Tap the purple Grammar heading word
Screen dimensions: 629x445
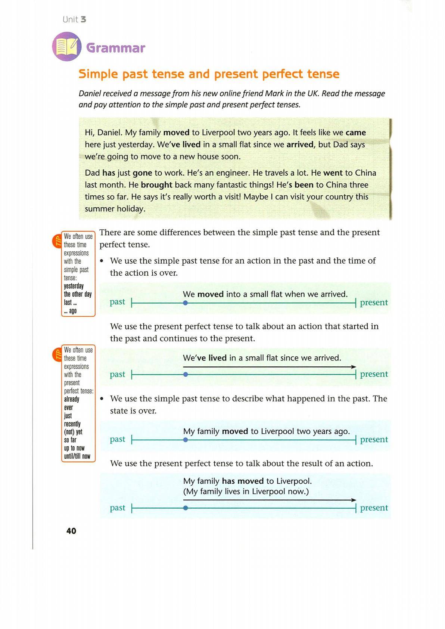click(x=115, y=48)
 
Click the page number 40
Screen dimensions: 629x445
click(x=71, y=531)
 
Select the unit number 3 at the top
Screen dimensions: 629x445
click(x=83, y=19)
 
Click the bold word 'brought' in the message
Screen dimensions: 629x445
click(x=156, y=185)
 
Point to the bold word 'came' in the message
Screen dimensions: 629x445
click(x=356, y=133)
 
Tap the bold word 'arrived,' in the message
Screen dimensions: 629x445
click(x=301, y=145)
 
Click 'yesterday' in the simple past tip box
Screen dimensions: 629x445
click(x=74, y=286)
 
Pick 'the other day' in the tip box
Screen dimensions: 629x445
click(x=78, y=294)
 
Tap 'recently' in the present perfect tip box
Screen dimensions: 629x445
click(x=72, y=424)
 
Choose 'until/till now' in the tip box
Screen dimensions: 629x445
click(x=77, y=456)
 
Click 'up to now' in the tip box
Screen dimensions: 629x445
click(x=74, y=448)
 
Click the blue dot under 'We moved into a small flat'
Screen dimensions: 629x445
click(x=186, y=303)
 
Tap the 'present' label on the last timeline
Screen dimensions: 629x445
click(x=374, y=508)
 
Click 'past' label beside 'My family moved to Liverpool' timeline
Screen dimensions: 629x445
click(x=118, y=439)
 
